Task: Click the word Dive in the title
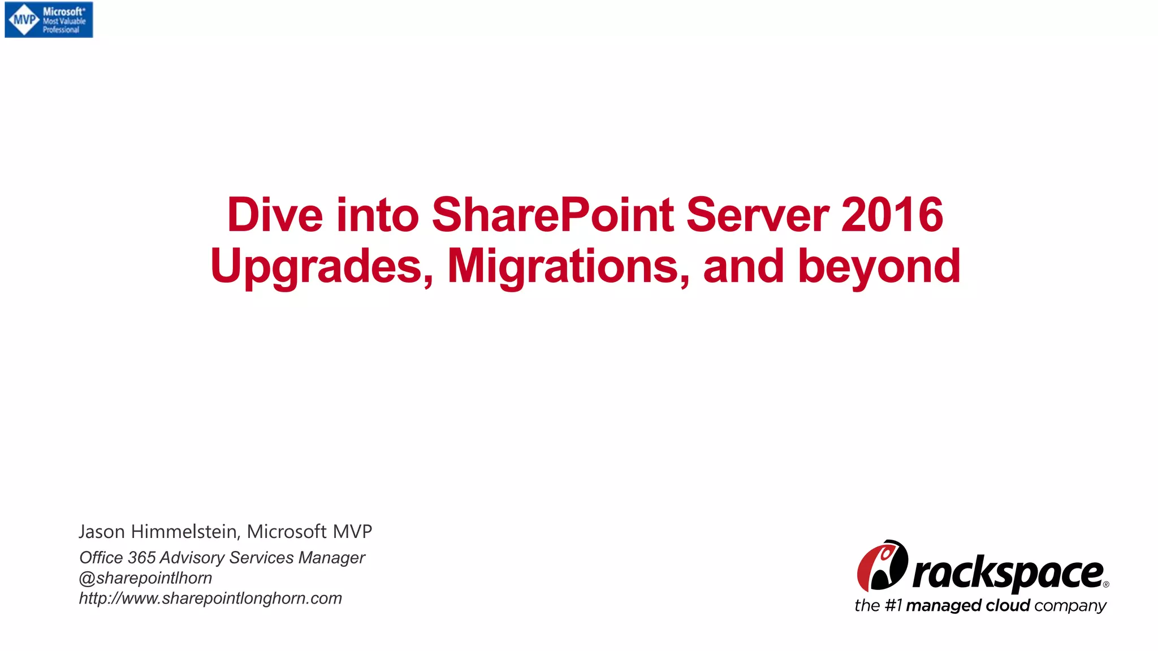(x=274, y=215)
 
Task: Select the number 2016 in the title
(x=892, y=215)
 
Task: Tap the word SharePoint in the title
(x=552, y=215)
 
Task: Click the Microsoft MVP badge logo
(x=49, y=20)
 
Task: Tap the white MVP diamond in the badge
(x=24, y=20)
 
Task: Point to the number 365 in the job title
(x=141, y=558)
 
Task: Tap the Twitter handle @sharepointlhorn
(x=145, y=578)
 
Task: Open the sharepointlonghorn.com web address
(x=210, y=598)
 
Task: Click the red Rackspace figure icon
(x=882, y=565)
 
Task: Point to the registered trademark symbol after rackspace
(x=1106, y=585)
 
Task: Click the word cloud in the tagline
(x=1008, y=606)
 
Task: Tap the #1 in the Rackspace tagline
(x=893, y=606)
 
